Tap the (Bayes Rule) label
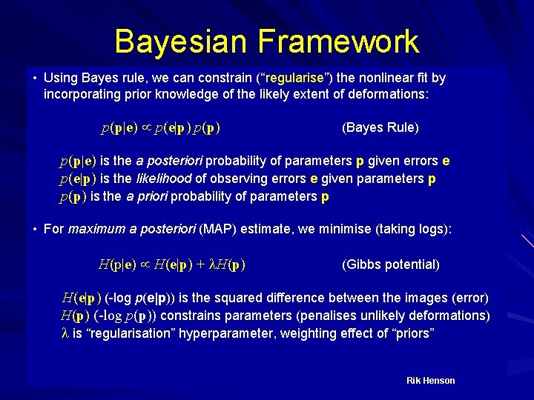tap(380, 127)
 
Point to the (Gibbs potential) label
tap(390, 264)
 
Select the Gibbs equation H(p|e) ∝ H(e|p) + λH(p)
tap(172, 264)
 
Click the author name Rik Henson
tap(430, 381)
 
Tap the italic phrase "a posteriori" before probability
tap(170, 161)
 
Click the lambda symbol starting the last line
tap(65, 333)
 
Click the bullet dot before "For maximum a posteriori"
tap(35, 230)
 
